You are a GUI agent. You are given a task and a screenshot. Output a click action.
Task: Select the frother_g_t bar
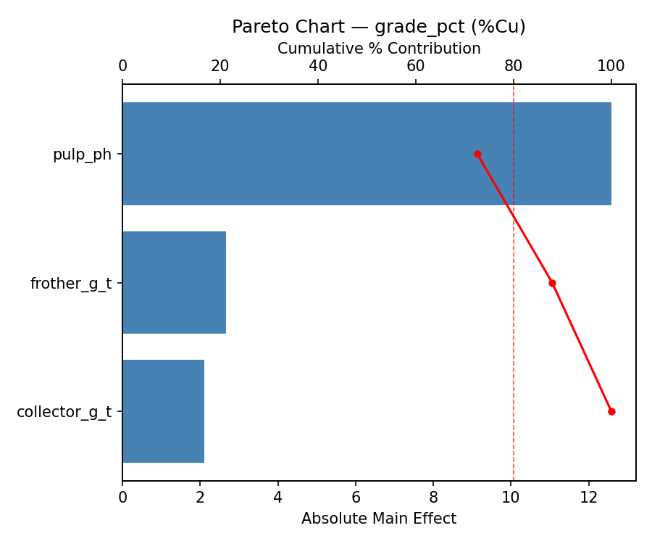pyautogui.click(x=174, y=283)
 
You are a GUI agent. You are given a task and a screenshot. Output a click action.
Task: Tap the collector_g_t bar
pyautogui.click(x=163, y=411)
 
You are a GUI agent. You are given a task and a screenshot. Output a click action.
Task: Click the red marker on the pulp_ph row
pyautogui.click(x=477, y=154)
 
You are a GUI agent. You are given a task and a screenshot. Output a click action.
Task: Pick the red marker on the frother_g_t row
pyautogui.click(x=552, y=283)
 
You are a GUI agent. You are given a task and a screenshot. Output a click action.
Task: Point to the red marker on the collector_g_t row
pyautogui.click(x=611, y=411)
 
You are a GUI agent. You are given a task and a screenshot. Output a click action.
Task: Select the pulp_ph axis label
pyautogui.click(x=82, y=154)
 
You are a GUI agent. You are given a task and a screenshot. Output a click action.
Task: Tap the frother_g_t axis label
pyautogui.click(x=71, y=284)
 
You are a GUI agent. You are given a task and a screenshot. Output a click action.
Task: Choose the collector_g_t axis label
pyautogui.click(x=64, y=412)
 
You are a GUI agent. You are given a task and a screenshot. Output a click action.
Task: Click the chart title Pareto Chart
pyautogui.click(x=379, y=27)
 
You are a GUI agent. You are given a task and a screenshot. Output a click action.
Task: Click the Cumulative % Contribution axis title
pyautogui.click(x=379, y=49)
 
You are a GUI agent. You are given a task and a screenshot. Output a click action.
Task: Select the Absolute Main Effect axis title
pyautogui.click(x=379, y=519)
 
